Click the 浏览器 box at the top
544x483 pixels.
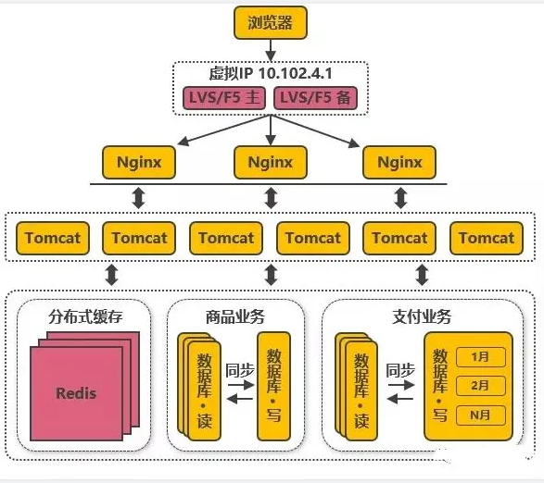tap(271, 22)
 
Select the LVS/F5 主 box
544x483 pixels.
tap(224, 98)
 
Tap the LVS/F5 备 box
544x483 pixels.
tap(315, 98)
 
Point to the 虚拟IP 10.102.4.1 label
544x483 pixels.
tap(271, 73)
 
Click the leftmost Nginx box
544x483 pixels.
tap(139, 162)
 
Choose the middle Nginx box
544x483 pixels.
tap(271, 162)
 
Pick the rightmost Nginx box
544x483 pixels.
tap(399, 162)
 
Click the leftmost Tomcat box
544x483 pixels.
tap(53, 238)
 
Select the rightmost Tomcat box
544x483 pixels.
tap(487, 238)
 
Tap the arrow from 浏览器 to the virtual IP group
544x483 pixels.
tap(271, 50)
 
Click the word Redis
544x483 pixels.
tap(76, 393)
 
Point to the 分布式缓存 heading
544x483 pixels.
tap(85, 316)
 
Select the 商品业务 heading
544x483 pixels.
tap(235, 316)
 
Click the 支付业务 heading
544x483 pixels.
tap(422, 316)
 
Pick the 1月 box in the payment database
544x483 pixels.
tap(480, 357)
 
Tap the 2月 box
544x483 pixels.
tap(480, 386)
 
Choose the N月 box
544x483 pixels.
tap(480, 415)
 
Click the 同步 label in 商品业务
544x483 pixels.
tap(240, 370)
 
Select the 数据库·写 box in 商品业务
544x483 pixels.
tap(273, 386)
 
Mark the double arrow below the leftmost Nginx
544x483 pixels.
tap(139, 198)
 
